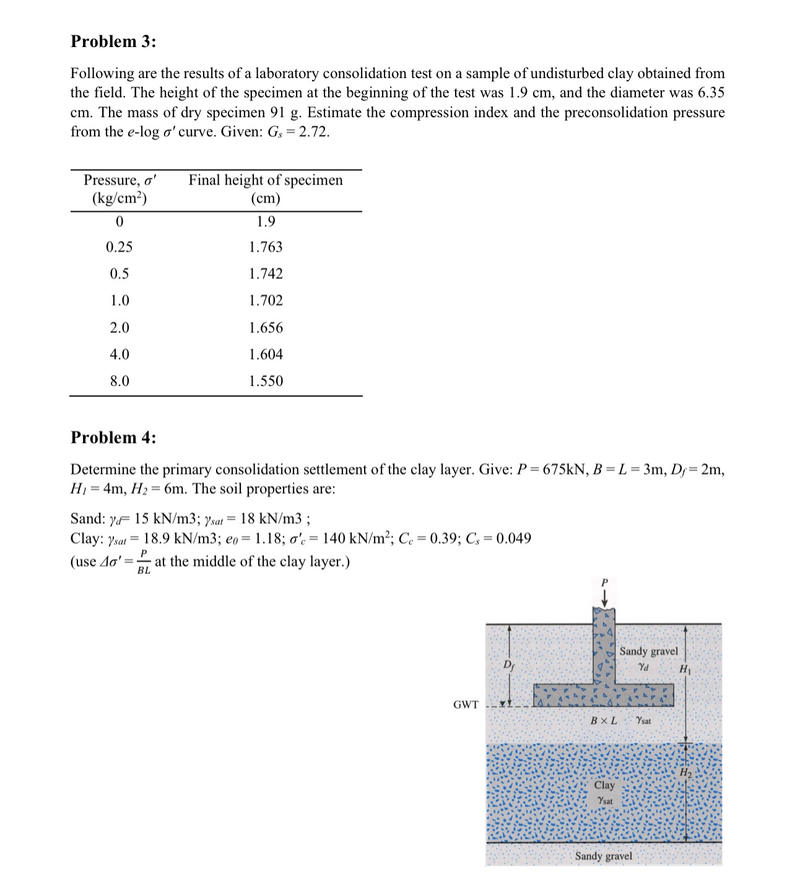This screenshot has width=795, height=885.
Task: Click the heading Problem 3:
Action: click(113, 41)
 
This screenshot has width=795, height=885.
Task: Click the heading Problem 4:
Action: click(113, 437)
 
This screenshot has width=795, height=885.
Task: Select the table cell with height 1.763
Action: click(266, 247)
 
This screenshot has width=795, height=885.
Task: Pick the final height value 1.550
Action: click(266, 381)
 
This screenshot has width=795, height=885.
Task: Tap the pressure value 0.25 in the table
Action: click(119, 247)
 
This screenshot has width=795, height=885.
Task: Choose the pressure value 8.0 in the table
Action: click(119, 381)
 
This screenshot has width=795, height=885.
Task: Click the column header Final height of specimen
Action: click(266, 180)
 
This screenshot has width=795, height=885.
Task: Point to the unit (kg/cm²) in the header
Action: click(119, 198)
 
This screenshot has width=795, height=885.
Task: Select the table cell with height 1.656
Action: click(266, 328)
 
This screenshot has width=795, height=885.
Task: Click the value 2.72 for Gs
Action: click(314, 132)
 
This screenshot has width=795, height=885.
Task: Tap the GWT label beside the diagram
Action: click(466, 705)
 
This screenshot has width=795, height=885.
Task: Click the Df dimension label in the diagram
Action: click(508, 666)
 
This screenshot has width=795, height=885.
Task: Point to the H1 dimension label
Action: click(685, 669)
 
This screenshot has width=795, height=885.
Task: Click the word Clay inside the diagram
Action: click(604, 785)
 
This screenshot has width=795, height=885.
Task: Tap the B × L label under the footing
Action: click(604, 721)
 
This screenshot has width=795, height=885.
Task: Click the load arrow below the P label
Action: click(605, 598)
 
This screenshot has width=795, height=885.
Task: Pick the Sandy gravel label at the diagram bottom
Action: click(604, 856)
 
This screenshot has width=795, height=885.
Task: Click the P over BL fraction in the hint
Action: click(144, 562)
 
